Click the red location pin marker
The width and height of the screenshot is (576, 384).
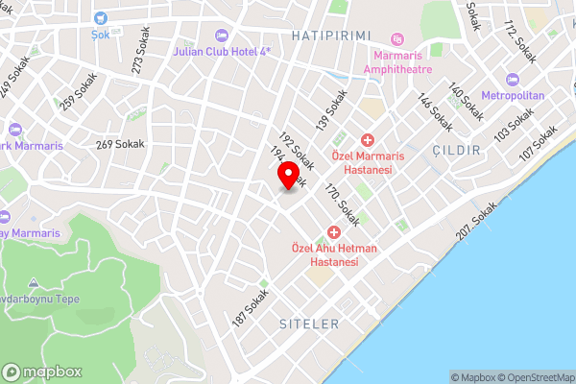pos(287,177)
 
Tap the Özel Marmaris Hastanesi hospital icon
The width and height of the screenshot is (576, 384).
pos(367,140)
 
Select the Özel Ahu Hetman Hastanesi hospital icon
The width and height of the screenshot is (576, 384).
pos(334,232)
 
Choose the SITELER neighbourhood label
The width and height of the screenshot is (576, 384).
pos(309,324)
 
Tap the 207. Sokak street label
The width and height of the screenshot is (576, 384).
pos(477,223)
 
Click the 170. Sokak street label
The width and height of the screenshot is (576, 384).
pos(342,204)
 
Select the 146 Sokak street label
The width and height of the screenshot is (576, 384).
pos(436,112)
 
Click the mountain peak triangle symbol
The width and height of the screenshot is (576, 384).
pos(34,283)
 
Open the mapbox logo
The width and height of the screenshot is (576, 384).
pos(43,372)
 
